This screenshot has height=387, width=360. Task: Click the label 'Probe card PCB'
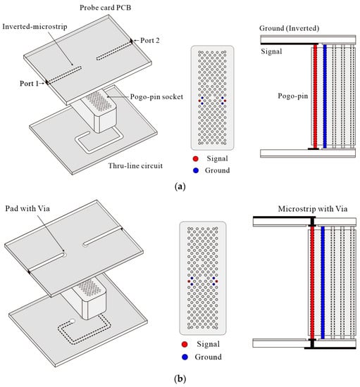[105, 8]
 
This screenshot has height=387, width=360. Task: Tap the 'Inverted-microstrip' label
[35, 27]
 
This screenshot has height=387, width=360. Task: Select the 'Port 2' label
[150, 41]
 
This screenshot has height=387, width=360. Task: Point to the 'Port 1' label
[29, 84]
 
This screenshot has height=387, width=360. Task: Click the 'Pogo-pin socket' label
[156, 97]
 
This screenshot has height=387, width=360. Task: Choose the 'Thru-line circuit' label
[135, 165]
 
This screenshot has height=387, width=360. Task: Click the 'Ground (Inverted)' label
[289, 28]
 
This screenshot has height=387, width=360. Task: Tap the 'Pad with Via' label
[27, 208]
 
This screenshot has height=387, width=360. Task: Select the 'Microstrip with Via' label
[313, 209]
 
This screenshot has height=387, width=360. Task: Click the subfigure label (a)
[180, 186]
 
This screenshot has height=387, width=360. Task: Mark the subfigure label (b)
[180, 379]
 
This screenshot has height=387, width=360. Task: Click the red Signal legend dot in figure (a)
[195, 159]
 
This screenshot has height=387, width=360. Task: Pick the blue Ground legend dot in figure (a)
[196, 170]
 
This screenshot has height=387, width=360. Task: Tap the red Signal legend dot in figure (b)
[185, 344]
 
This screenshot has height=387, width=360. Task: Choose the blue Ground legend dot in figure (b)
[185, 357]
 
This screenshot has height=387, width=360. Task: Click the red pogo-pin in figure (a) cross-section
[316, 96]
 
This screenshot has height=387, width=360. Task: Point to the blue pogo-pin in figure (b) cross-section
[323, 283]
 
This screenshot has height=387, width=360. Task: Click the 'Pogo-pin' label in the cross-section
[293, 96]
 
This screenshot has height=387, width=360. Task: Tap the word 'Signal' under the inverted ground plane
[271, 51]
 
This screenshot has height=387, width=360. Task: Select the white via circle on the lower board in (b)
[72, 321]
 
